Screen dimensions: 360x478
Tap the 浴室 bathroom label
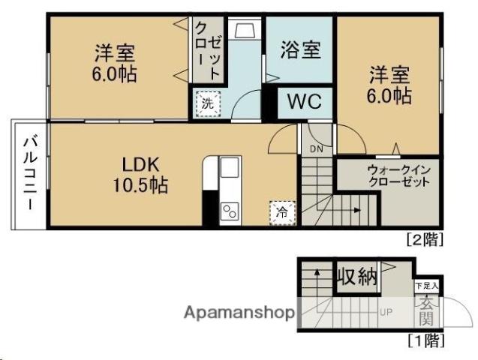[x=300, y=50]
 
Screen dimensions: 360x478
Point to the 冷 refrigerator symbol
[x=281, y=211]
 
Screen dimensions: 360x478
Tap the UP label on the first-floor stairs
[x=386, y=311]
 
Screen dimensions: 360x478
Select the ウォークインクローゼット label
[x=398, y=175]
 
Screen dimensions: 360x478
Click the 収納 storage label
[x=356, y=277]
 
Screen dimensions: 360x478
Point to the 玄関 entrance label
[x=427, y=310]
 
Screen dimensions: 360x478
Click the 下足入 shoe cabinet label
[x=427, y=286]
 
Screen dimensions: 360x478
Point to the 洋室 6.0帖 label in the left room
[x=114, y=64]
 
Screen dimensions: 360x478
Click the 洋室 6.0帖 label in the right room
[x=388, y=85]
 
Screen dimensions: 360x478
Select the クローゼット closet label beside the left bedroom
[x=208, y=50]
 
